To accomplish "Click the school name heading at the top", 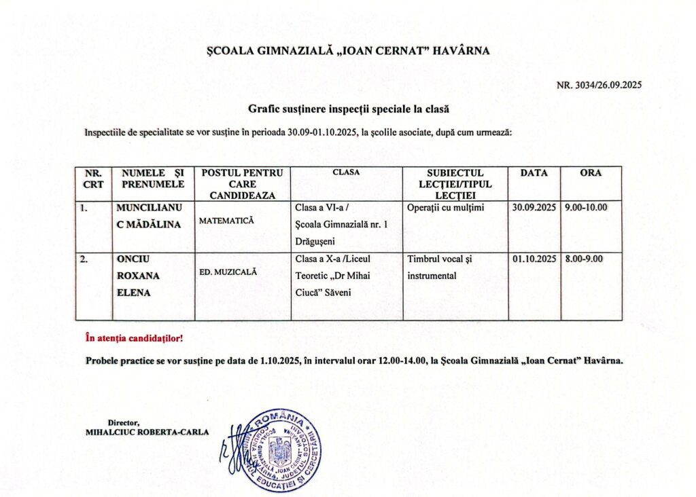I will point(347,50).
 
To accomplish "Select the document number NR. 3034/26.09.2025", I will point(599,86).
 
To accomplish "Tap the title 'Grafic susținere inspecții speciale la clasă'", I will point(349,109).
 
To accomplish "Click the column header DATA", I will point(534,173).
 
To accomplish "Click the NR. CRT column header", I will point(93,179).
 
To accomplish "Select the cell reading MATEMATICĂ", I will point(226,221).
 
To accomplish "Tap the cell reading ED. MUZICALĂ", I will point(228,272).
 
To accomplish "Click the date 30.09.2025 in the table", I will point(534,208).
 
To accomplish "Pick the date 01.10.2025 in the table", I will point(534,259).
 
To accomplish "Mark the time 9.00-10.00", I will point(586,208).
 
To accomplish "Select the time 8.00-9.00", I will point(584,259).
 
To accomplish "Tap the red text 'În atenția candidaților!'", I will point(134,337).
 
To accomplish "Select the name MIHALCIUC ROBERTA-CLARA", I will point(147,432).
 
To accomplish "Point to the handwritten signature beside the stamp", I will point(230,452).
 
